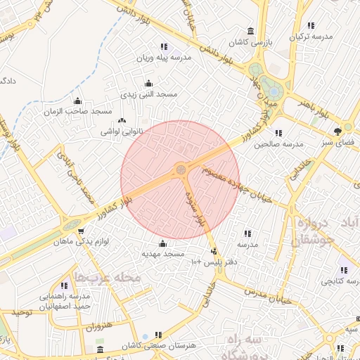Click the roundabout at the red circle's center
181,169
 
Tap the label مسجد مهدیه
163,253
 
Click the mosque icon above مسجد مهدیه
163,243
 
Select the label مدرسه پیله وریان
163,59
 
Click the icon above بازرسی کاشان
250,31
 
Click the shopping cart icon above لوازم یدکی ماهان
81,231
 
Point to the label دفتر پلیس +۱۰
207,262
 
